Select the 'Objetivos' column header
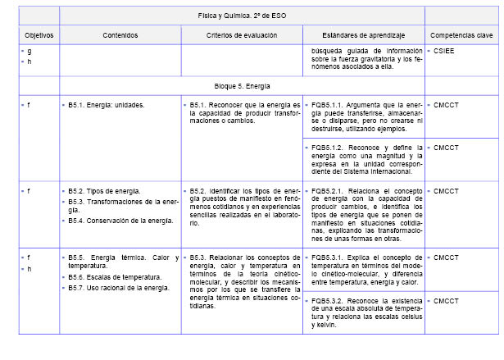click(x=39, y=35)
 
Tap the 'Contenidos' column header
click(x=120, y=35)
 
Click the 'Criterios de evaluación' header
click(x=241, y=35)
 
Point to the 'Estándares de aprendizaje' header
click(x=364, y=35)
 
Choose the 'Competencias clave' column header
click(x=461, y=35)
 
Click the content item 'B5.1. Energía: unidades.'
click(x=106, y=106)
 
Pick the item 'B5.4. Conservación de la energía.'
click(x=120, y=221)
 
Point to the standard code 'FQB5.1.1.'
click(x=329, y=106)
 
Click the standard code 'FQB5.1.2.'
click(x=329, y=148)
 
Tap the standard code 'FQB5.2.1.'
click(x=329, y=191)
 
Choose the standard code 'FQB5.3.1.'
click(x=329, y=257)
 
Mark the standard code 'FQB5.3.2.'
click(x=329, y=301)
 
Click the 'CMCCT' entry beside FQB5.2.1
click(x=447, y=191)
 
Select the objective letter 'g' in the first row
click(x=30, y=51)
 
